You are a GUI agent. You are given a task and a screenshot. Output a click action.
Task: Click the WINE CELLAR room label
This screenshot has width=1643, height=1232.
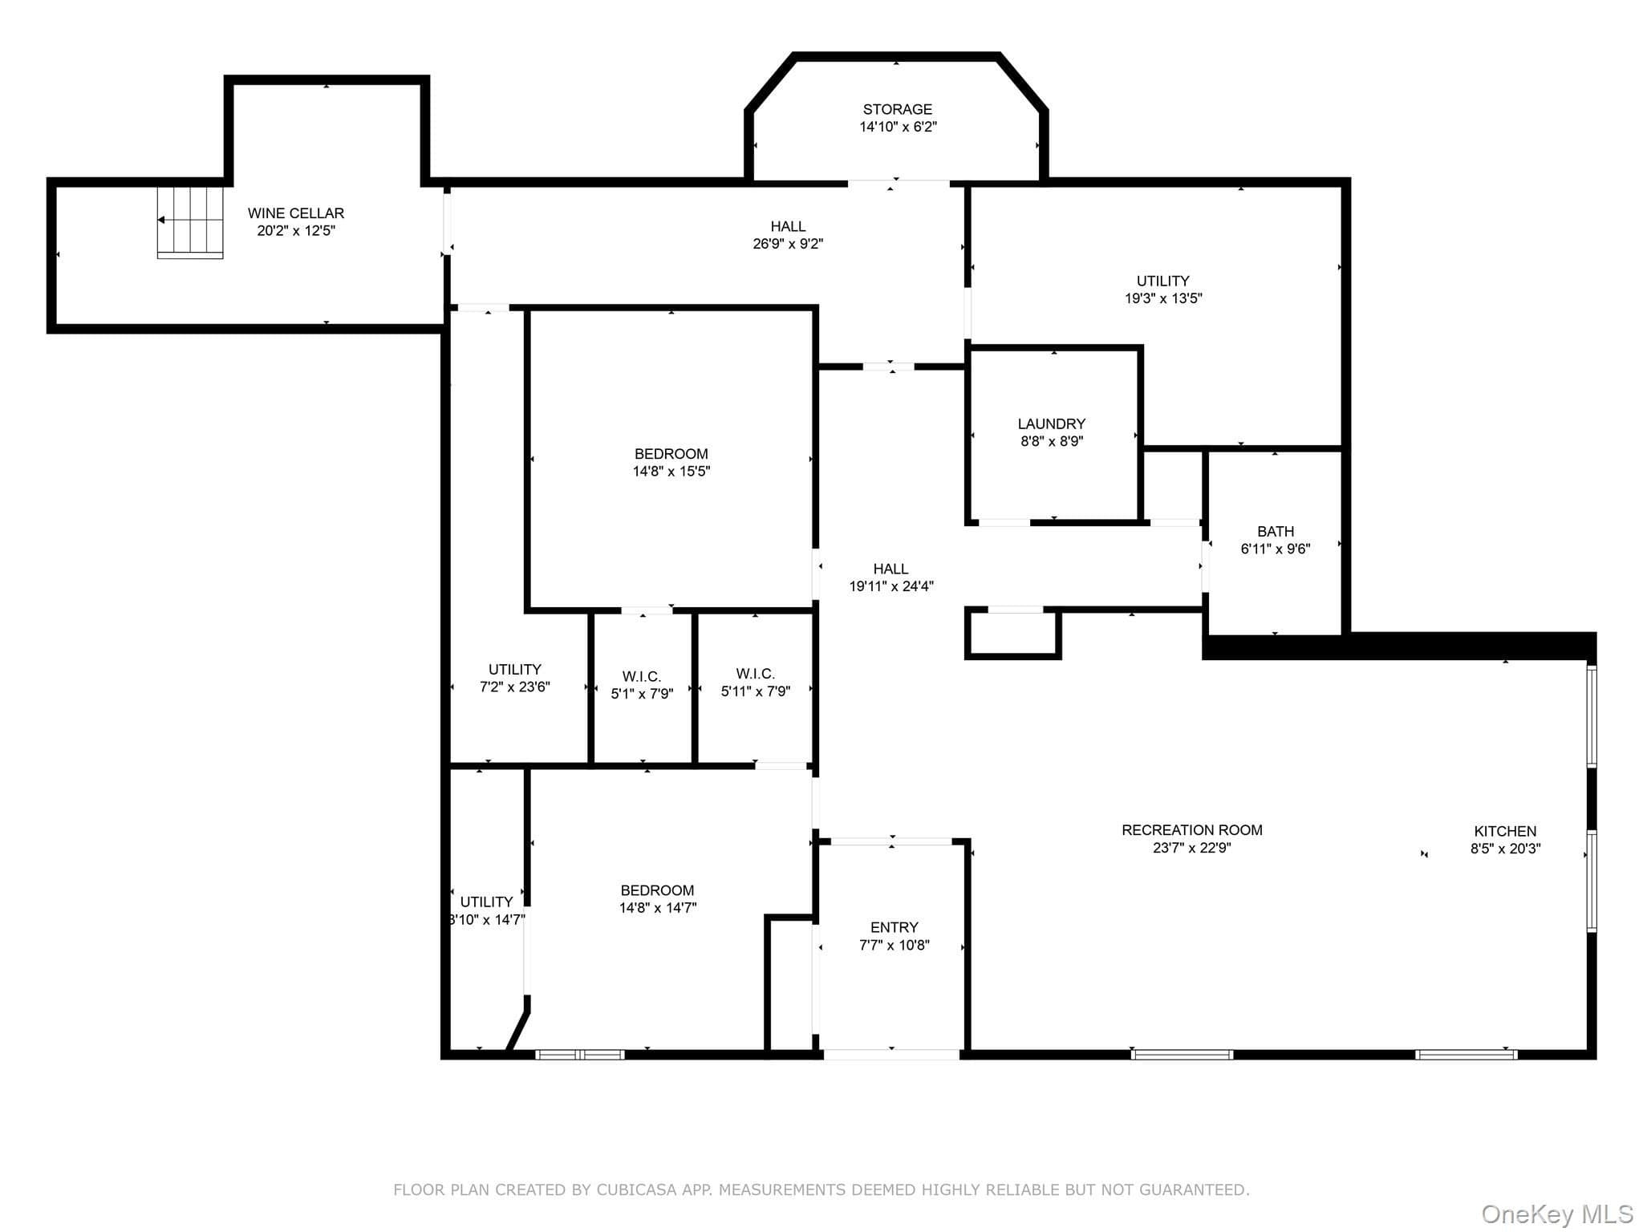296,213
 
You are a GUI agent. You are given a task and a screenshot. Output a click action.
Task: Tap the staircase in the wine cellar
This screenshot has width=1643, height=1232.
190,222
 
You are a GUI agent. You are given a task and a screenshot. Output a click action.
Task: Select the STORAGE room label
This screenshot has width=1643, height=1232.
898,109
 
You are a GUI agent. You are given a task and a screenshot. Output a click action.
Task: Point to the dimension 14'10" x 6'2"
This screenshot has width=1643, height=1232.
899,127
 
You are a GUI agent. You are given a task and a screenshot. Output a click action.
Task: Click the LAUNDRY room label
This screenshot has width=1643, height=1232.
1052,423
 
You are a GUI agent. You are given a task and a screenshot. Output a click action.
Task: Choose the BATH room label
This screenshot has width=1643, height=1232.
1276,531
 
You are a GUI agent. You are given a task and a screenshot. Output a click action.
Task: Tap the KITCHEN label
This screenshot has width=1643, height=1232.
1505,831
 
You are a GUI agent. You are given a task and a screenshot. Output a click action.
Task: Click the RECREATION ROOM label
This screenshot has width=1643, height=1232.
1192,830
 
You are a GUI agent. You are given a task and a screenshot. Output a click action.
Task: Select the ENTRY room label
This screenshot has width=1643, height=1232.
895,927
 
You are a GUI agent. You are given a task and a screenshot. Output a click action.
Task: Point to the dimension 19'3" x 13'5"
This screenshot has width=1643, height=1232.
1163,298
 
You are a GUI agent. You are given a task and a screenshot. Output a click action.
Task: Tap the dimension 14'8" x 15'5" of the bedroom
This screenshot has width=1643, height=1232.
671,472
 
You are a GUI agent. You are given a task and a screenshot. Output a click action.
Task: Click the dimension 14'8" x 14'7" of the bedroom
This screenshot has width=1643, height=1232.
658,908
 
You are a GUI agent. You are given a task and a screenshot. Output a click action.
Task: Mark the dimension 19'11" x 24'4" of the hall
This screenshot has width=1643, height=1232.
891,586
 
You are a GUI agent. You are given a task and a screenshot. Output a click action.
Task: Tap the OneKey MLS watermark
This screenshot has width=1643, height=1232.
1557,1215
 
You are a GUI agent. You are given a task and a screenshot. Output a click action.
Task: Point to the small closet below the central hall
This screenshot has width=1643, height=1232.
1013,634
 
